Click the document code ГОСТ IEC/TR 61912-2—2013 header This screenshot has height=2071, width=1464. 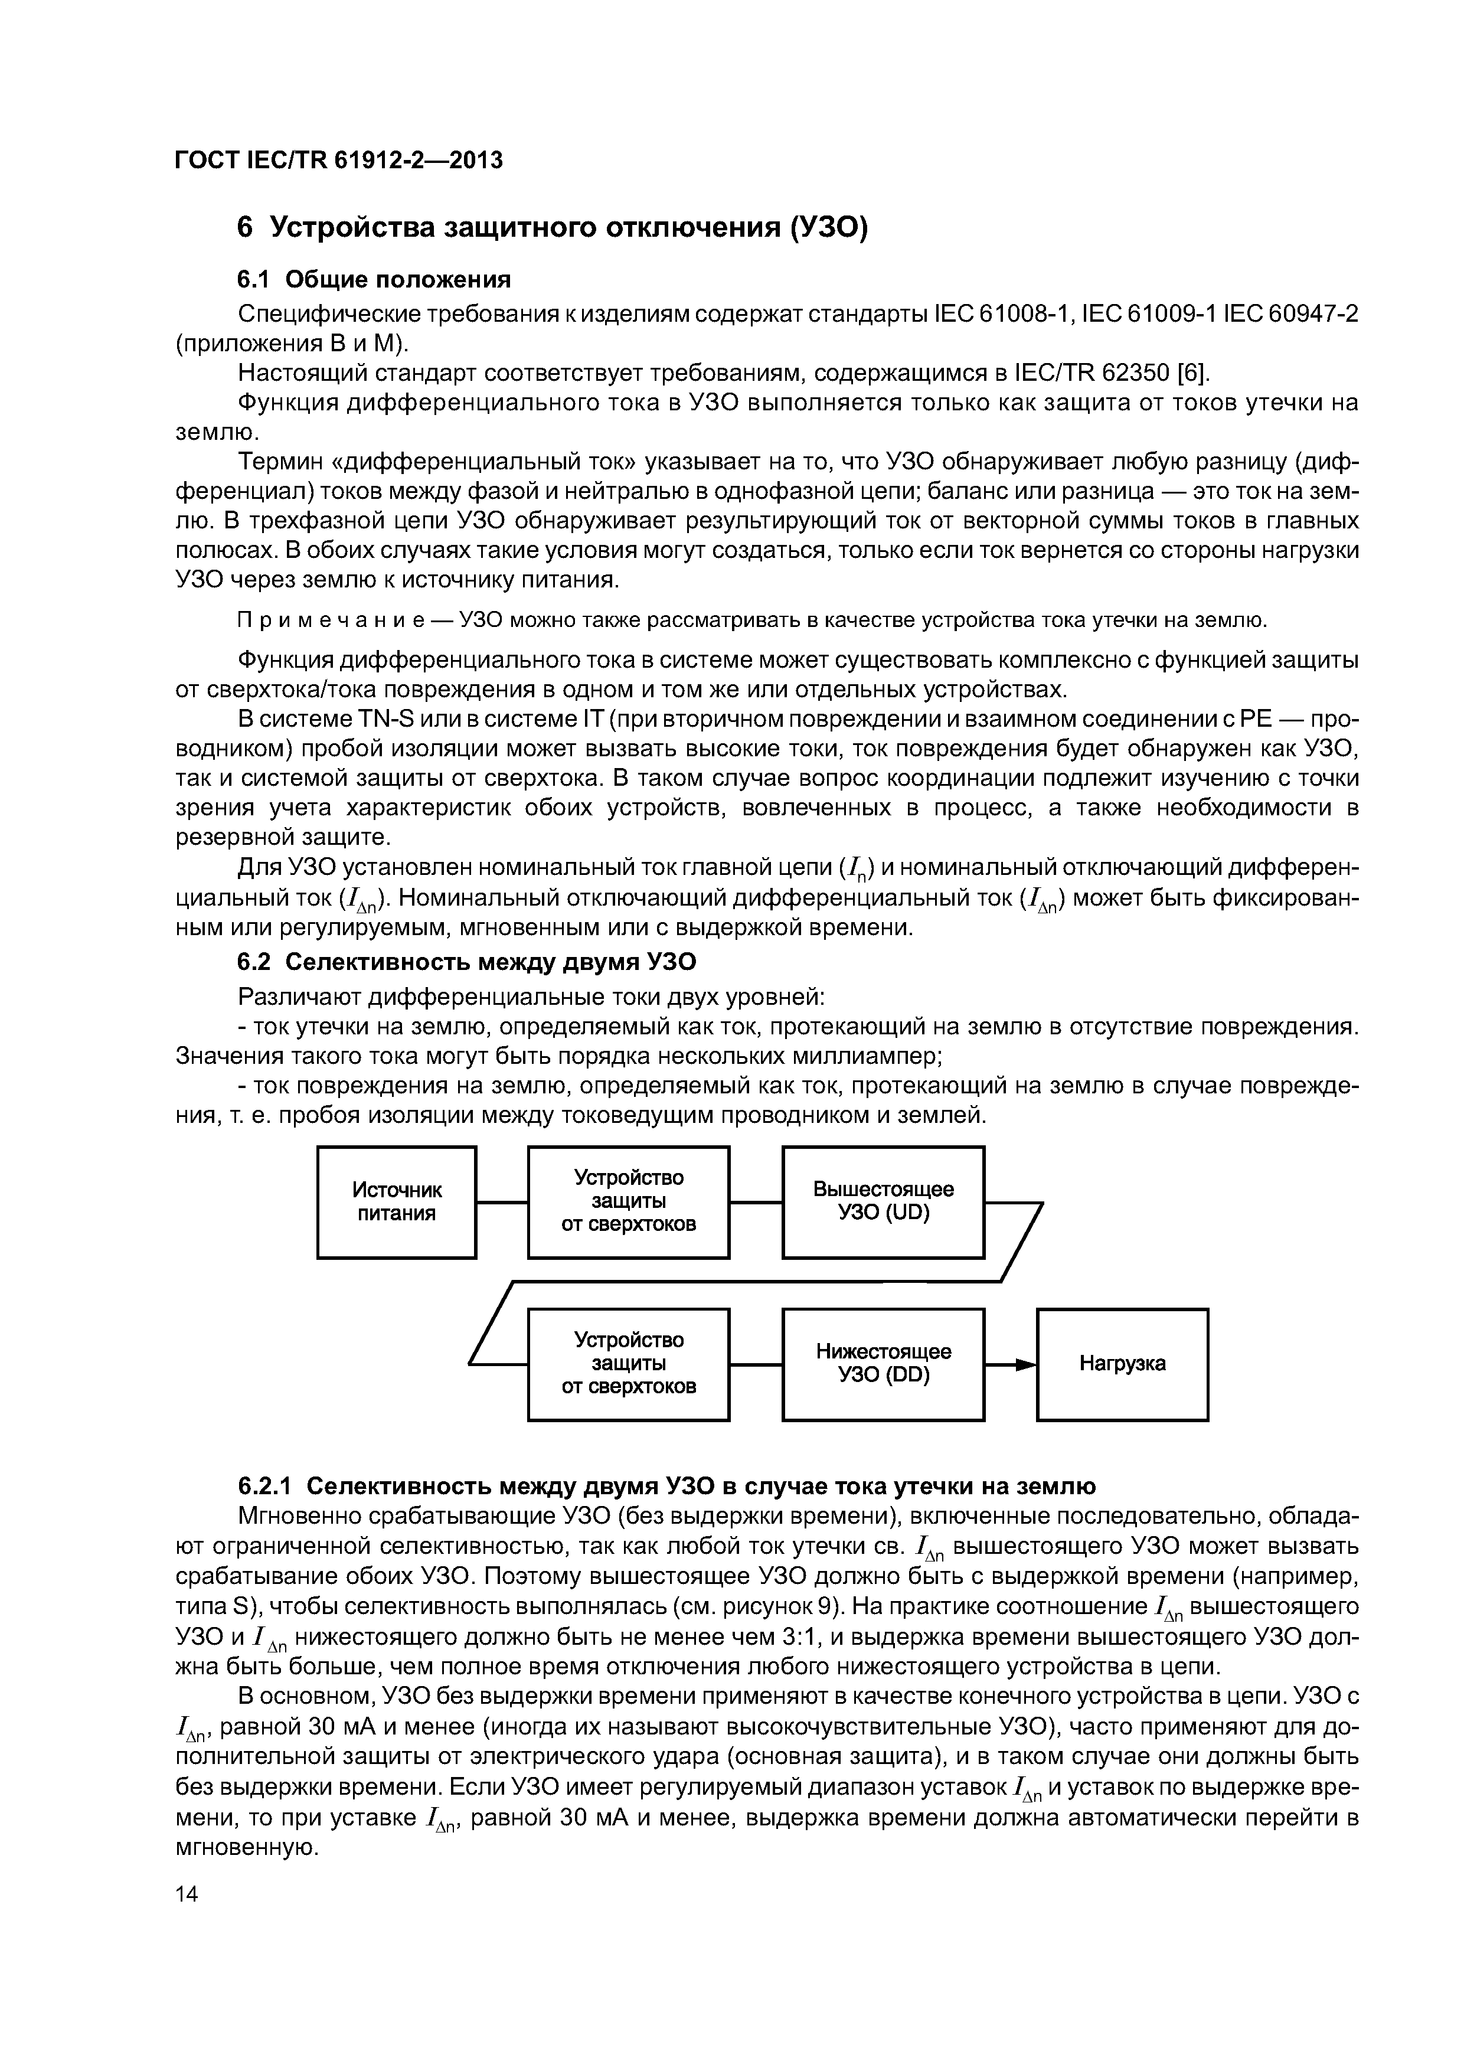coord(338,161)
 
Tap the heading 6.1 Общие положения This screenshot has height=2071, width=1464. coord(374,280)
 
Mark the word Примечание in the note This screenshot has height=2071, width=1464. coord(341,620)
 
